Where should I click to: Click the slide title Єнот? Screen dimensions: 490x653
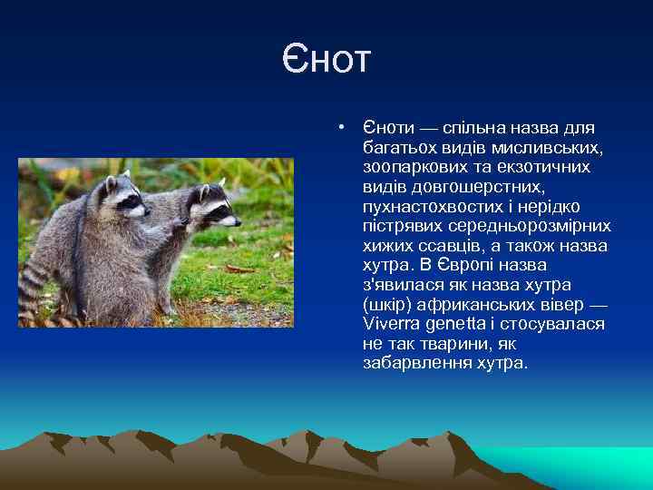click(x=326, y=60)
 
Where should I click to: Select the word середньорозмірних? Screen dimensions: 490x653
click(x=539, y=226)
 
